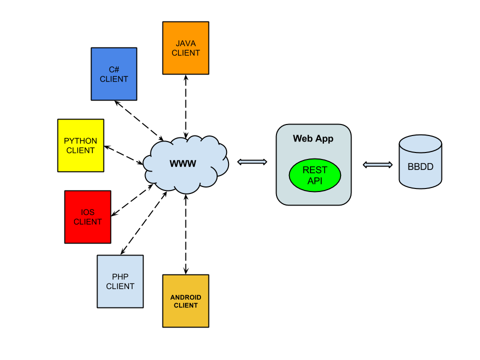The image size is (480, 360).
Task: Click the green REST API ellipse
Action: [315, 175]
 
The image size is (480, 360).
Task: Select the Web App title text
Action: [313, 138]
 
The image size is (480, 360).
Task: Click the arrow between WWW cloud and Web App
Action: [252, 161]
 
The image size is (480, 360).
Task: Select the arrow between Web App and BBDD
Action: [377, 164]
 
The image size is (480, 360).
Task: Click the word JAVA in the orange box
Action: [185, 44]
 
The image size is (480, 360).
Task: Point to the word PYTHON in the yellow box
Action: [80, 141]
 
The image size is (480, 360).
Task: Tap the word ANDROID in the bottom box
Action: [185, 297]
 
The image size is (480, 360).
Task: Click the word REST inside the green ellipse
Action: [315, 170]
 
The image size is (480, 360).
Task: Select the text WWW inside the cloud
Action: [183, 163]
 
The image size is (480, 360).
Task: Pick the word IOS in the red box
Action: [87, 212]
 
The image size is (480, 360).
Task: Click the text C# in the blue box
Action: [114, 70]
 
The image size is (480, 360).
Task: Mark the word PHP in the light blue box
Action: [120, 277]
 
